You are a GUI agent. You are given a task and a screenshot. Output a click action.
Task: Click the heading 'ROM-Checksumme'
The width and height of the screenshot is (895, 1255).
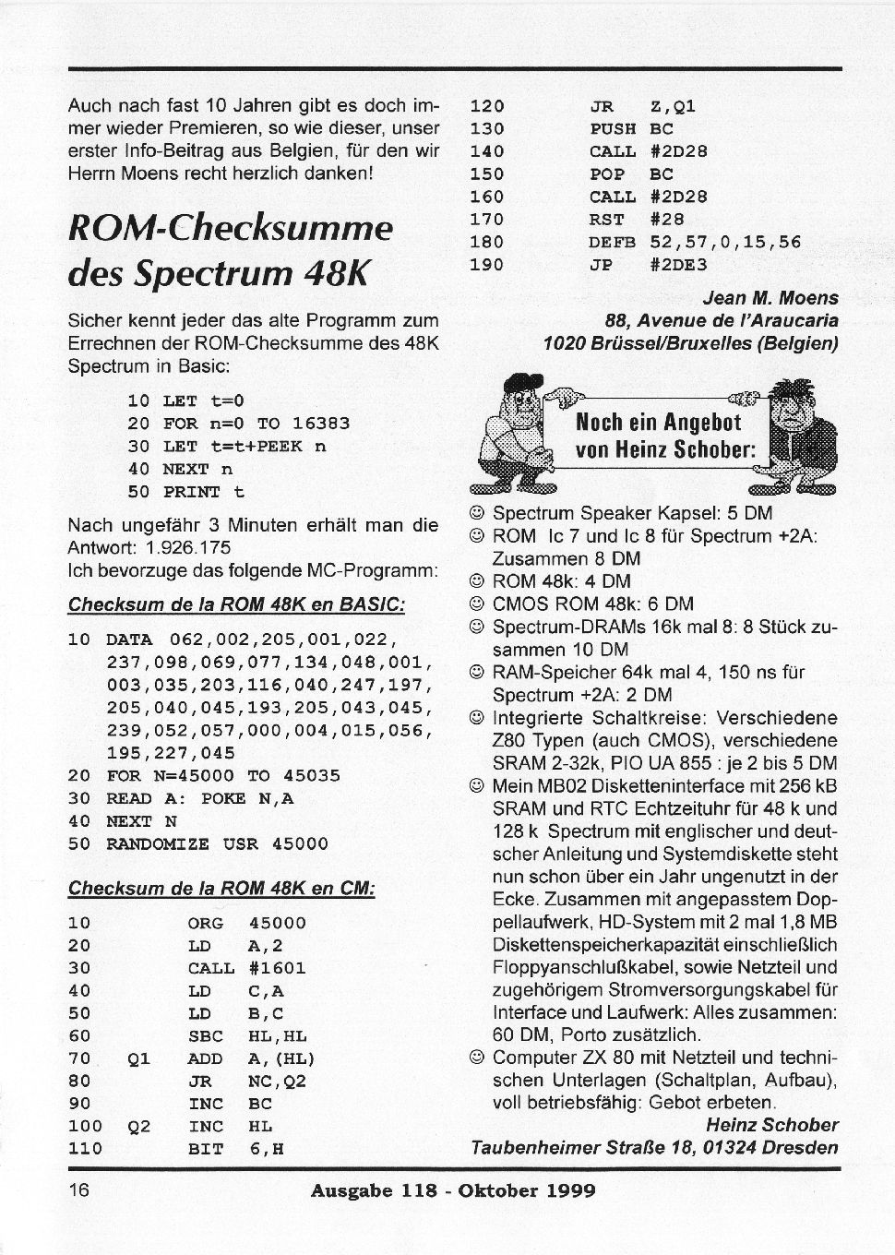[231, 228]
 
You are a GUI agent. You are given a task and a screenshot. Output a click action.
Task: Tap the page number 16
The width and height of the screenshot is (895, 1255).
[78, 1190]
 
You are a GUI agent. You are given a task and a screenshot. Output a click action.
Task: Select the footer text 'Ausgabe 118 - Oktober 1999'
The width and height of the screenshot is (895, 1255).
[453, 1190]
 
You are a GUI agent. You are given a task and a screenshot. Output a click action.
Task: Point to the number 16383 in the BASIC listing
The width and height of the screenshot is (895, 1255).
[320, 424]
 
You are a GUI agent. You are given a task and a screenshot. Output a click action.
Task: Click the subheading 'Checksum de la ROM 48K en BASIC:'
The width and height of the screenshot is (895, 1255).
[236, 605]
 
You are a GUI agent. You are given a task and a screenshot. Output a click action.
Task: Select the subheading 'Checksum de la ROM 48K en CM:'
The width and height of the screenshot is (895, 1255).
[221, 889]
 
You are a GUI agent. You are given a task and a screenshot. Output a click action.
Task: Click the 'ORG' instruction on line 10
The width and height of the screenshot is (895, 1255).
[207, 923]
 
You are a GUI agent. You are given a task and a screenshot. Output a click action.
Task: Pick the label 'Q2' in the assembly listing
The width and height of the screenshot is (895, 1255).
[138, 1127]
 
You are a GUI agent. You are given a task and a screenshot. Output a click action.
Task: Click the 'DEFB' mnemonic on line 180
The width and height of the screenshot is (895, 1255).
[613, 243]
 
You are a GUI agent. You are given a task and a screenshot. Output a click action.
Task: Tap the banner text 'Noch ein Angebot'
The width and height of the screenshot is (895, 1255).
[658, 424]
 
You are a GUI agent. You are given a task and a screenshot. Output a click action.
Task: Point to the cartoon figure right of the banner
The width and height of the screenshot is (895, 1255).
[801, 434]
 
